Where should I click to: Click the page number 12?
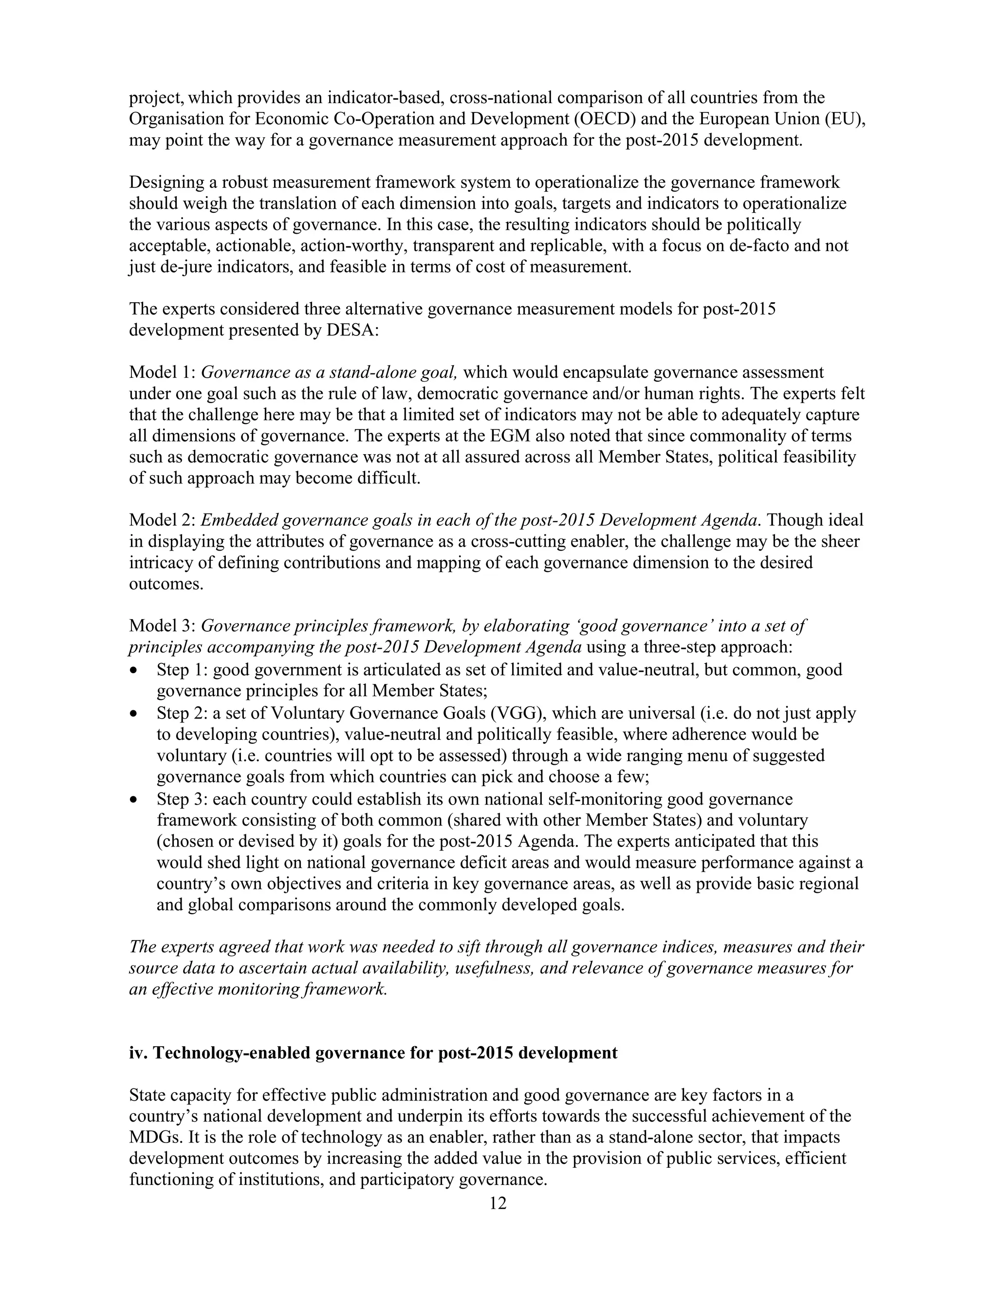click(x=498, y=1203)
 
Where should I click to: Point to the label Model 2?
click(x=163, y=520)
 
